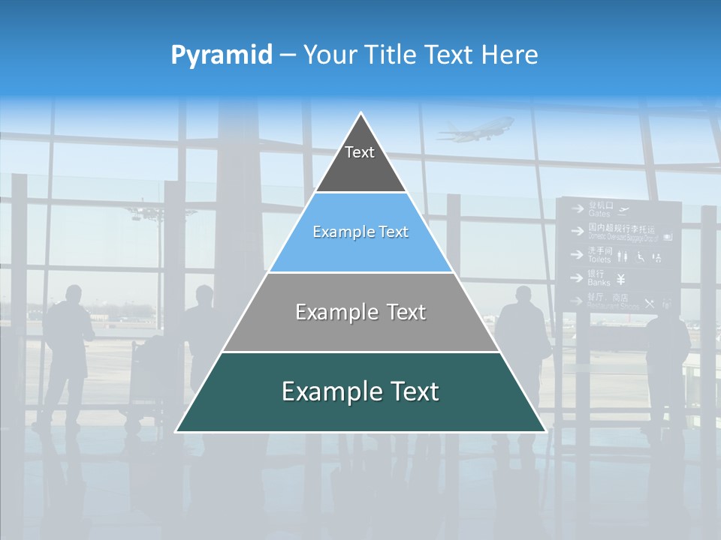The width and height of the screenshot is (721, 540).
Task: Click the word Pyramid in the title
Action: pyautogui.click(x=221, y=55)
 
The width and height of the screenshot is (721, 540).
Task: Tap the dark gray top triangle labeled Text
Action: pyautogui.click(x=360, y=161)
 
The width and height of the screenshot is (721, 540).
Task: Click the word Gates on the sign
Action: pyautogui.click(x=599, y=214)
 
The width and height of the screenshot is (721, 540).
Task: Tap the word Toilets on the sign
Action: pyautogui.click(x=599, y=259)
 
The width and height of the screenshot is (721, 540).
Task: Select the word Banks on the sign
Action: pyautogui.click(x=599, y=283)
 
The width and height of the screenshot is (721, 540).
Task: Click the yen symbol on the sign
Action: pyautogui.click(x=621, y=280)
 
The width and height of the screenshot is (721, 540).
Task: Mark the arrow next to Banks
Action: pyautogui.click(x=577, y=278)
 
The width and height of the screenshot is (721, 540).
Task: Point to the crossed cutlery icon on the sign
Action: pyautogui.click(x=649, y=304)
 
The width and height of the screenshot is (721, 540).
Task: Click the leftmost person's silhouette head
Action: pyautogui.click(x=74, y=292)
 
